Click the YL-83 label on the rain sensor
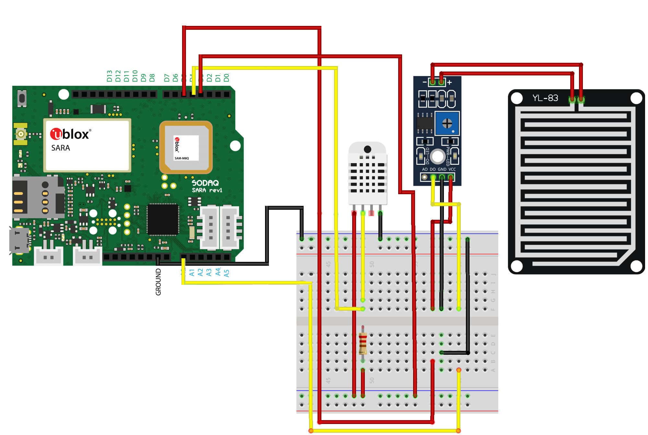pyautogui.click(x=545, y=98)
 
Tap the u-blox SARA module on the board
pyautogui.click(x=87, y=145)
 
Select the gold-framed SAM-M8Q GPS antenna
pyautogui.click(x=186, y=148)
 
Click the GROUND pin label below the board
pyautogui.click(x=158, y=282)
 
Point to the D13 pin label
pyautogui.click(x=110, y=76)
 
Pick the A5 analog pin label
pyautogui.click(x=226, y=273)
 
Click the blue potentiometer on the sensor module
pyautogui.click(x=447, y=123)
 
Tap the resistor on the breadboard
pyautogui.click(x=363, y=344)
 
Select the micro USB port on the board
pyautogui.click(x=19, y=240)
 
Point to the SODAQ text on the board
pyautogui.click(x=205, y=183)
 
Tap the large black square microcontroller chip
pyautogui.click(x=163, y=219)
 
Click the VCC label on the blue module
pyautogui.click(x=452, y=169)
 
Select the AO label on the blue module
pyautogui.click(x=424, y=169)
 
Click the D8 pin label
pyautogui.click(x=152, y=78)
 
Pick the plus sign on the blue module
pyautogui.click(x=449, y=83)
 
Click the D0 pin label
pyautogui.click(x=226, y=77)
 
